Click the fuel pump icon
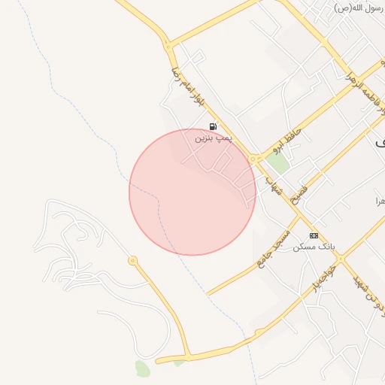click(213, 126)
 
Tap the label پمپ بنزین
click(214, 138)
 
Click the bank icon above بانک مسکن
click(314, 235)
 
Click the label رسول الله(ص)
click(355, 8)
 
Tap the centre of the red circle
click(192, 192)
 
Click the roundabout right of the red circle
click(254, 159)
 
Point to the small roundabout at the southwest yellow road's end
click(133, 261)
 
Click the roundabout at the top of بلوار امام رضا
click(168, 46)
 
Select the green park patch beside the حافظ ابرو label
click(277, 163)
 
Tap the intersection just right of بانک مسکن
click(340, 259)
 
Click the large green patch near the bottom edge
click(142, 368)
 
